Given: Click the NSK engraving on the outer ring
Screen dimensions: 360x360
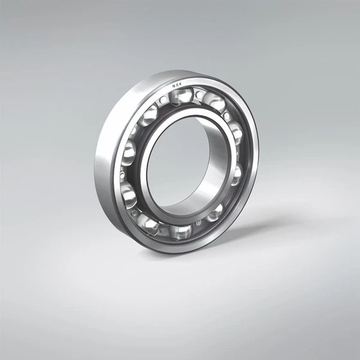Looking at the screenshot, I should [176, 84].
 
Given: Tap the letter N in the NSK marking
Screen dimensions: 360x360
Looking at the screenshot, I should [172, 84].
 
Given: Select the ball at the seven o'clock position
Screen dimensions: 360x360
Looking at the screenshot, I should [149, 222].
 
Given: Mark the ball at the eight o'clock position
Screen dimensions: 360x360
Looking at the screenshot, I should [129, 193].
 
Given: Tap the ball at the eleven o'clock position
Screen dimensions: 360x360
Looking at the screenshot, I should [149, 116].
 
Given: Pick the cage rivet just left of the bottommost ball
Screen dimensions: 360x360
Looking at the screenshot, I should [163, 230].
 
